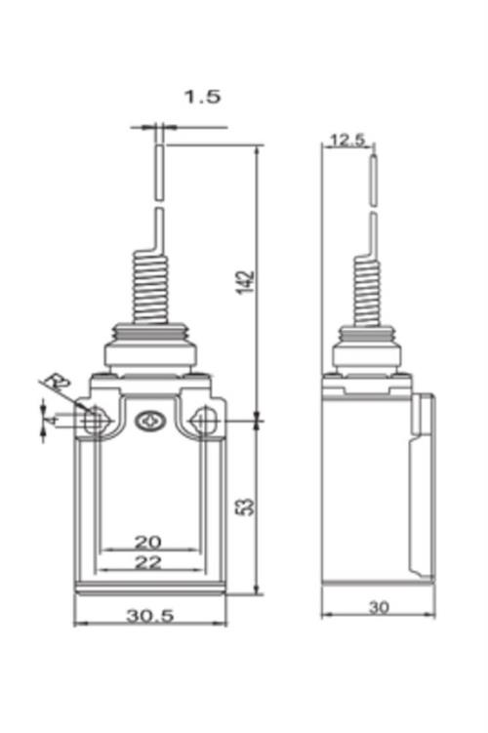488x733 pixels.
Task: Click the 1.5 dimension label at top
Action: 202,97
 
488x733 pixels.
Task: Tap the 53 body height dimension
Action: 247,506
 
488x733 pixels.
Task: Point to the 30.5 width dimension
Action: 149,615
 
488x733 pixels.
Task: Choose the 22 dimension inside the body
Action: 147,563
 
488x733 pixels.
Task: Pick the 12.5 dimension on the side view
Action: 346,140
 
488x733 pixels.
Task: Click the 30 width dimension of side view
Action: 379,607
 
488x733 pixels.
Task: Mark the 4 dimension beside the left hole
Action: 50,420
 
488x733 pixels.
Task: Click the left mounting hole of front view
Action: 95,422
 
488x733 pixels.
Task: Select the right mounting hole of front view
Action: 204,422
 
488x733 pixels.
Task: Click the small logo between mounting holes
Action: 149,422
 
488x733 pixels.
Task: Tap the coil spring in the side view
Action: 363,288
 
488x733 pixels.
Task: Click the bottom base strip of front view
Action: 149,588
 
